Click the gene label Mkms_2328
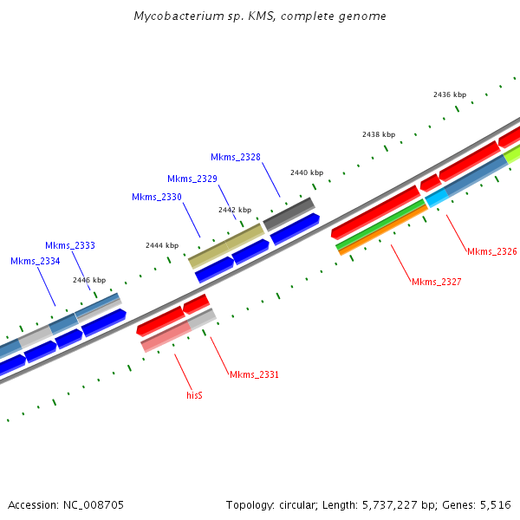click(x=236, y=157)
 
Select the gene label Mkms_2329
click(x=192, y=179)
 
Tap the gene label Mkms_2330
click(x=157, y=197)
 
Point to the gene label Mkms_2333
click(x=70, y=245)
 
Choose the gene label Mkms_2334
click(x=36, y=261)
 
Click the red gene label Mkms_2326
click(x=492, y=251)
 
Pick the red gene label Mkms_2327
click(x=437, y=282)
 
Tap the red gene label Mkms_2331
click(x=255, y=374)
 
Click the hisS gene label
click(x=195, y=394)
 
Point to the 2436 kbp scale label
click(x=450, y=94)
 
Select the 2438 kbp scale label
click(x=379, y=134)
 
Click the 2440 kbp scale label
click(x=307, y=172)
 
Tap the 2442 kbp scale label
click(x=235, y=210)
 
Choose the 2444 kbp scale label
click(x=162, y=245)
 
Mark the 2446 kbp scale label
click(x=89, y=280)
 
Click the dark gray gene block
click(x=289, y=213)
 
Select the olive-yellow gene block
click(x=226, y=244)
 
